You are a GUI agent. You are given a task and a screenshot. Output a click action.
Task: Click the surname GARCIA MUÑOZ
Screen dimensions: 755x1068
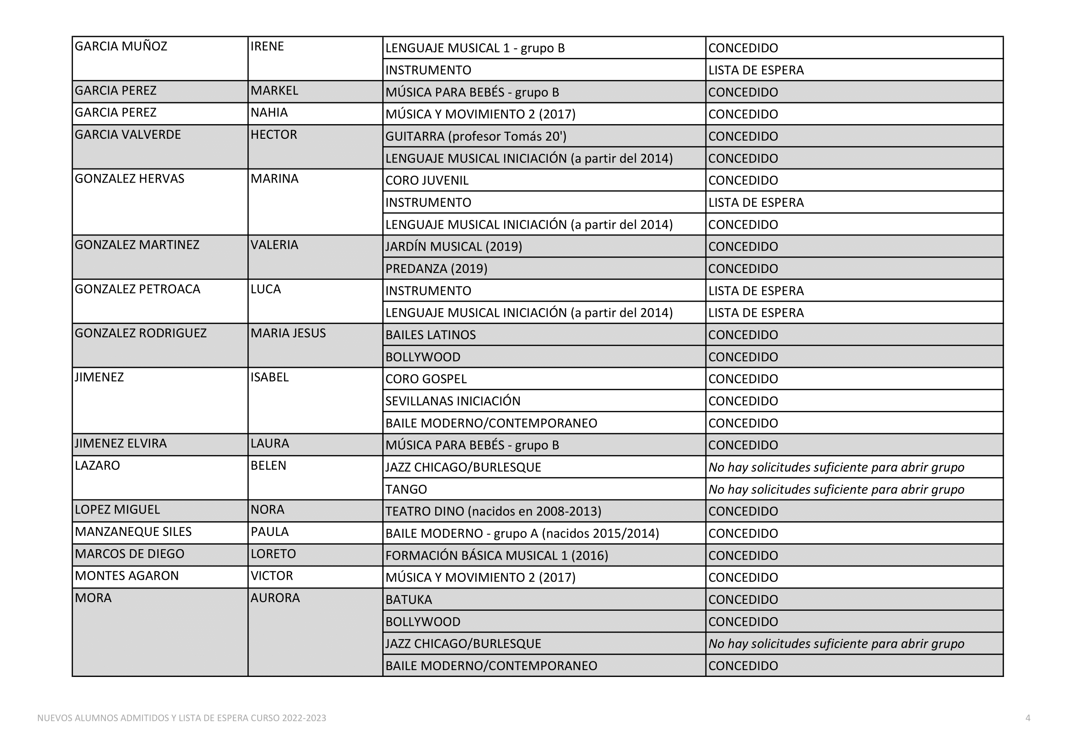tap(121, 47)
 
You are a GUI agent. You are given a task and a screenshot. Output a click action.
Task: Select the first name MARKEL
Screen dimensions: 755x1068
tap(274, 91)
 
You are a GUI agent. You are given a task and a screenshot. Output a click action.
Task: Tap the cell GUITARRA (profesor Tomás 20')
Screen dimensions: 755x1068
tap(475, 136)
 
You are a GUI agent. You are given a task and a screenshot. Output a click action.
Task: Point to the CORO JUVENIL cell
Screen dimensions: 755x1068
tap(426, 180)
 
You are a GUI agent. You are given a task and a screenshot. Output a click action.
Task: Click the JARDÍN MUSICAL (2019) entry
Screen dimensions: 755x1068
tap(453, 246)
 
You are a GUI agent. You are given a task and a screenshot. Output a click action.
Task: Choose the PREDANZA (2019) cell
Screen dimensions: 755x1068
tap(436, 269)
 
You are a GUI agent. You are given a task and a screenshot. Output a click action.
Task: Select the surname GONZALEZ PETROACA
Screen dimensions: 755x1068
tap(137, 289)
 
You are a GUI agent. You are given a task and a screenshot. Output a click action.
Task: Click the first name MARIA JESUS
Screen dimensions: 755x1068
tap(288, 333)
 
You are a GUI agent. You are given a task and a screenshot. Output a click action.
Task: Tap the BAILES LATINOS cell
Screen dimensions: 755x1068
tap(430, 335)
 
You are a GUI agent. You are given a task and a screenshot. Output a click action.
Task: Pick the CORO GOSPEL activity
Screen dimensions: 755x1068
tap(426, 379)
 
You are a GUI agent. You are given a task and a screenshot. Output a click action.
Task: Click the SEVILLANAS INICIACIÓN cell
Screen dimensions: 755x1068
tap(452, 401)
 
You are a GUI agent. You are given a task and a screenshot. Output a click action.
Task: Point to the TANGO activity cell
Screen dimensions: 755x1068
tap(405, 489)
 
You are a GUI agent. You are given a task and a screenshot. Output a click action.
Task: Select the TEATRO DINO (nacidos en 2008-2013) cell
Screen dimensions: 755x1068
tap(493, 511)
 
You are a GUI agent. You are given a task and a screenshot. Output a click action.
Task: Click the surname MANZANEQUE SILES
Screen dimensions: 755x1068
tap(133, 532)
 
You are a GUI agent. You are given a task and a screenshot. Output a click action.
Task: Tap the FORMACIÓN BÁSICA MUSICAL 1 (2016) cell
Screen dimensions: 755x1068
tap(496, 556)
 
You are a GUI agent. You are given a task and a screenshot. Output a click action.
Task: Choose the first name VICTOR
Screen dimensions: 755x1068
tap(272, 576)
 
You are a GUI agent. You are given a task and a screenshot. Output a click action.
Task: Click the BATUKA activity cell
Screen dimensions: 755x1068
tap(408, 600)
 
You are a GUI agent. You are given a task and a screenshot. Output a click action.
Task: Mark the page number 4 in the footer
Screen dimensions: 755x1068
tap(1027, 718)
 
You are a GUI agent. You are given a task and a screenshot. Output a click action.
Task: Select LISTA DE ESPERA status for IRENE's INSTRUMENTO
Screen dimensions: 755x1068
tap(756, 70)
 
